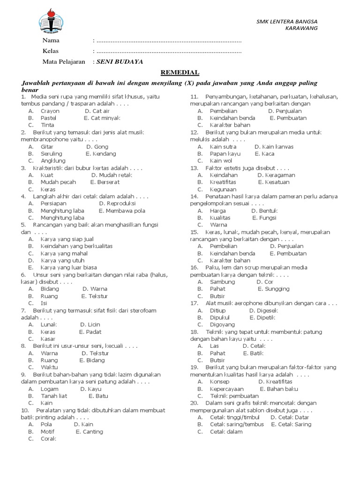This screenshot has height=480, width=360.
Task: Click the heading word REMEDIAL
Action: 180,73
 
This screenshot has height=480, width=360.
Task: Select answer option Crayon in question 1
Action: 50,111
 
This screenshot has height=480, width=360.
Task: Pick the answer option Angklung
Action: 53,161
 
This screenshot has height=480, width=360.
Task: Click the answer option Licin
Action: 94,324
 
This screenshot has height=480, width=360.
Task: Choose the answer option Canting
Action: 93,431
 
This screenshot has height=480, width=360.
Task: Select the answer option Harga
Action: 218,210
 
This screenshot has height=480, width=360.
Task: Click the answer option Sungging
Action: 277,289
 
